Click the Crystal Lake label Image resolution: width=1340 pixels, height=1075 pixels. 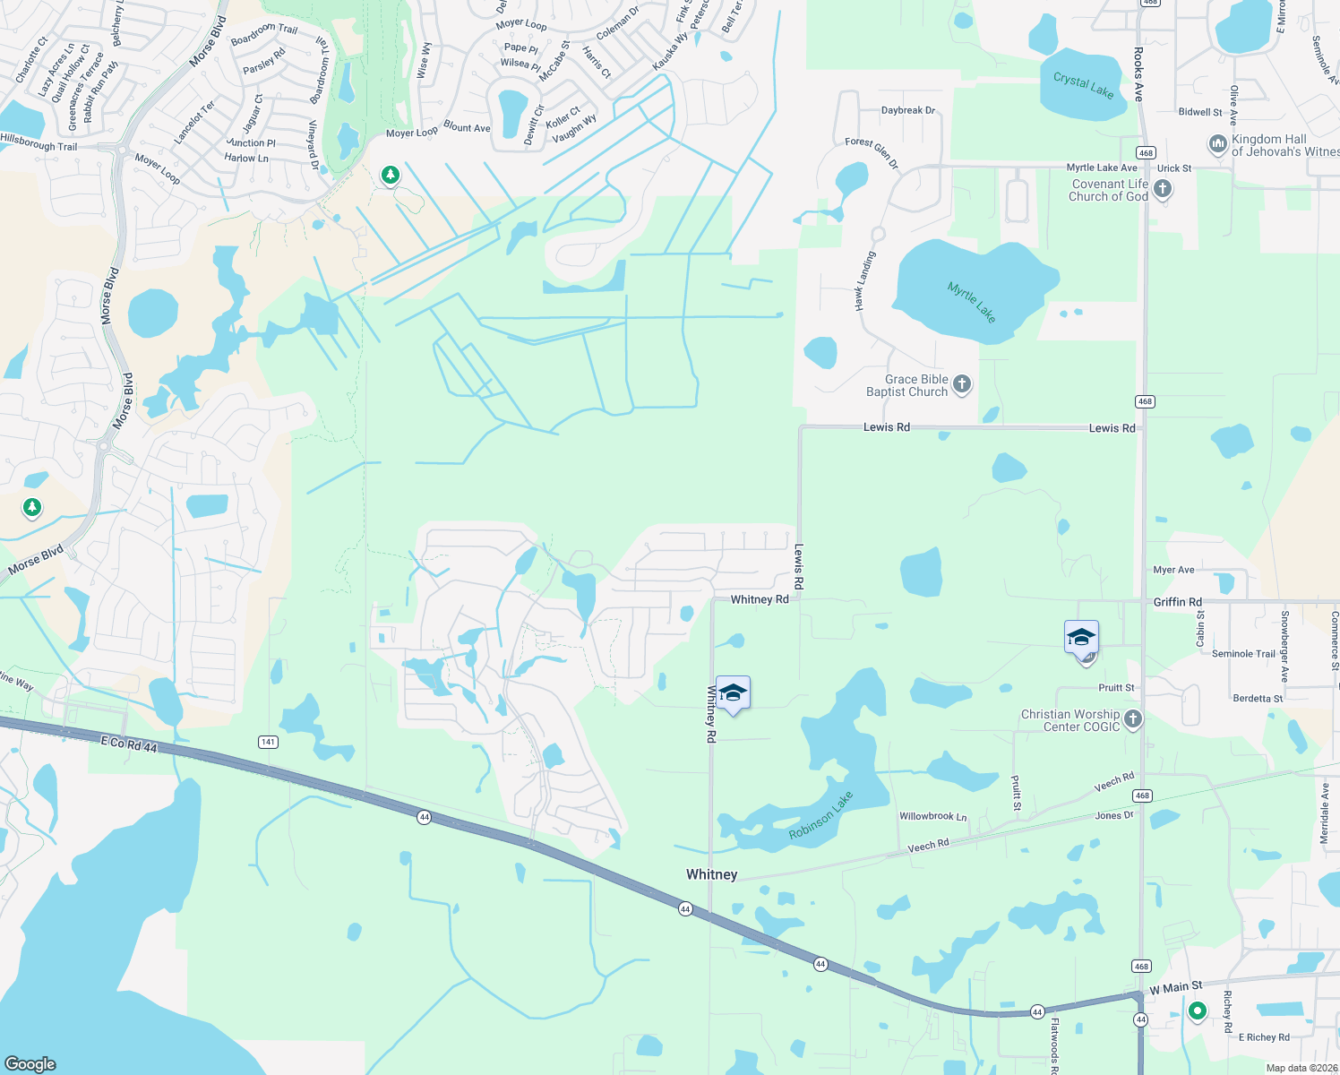pyautogui.click(x=1083, y=85)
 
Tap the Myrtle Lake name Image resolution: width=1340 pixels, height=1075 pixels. pyautogui.click(x=972, y=301)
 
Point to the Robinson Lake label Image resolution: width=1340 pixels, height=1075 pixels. pyautogui.click(x=820, y=815)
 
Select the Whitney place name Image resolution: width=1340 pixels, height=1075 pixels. pyautogui.click(x=711, y=874)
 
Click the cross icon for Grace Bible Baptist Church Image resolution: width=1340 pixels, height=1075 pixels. pyautogui.click(x=961, y=385)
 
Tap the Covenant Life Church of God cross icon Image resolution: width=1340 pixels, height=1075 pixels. pyautogui.click(x=1163, y=189)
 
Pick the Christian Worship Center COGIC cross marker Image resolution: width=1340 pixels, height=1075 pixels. pyautogui.click(x=1133, y=719)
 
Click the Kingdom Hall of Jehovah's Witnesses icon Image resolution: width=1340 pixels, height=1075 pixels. pyautogui.click(x=1217, y=144)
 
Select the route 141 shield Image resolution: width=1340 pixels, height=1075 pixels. pyautogui.click(x=268, y=742)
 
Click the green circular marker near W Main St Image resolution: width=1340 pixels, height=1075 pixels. pyautogui.click(x=1198, y=1011)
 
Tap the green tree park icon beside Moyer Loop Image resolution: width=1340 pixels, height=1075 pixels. pyautogui.click(x=390, y=174)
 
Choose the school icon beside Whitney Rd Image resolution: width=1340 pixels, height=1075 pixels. pyautogui.click(x=734, y=693)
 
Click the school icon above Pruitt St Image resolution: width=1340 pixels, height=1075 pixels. pyautogui.click(x=1081, y=638)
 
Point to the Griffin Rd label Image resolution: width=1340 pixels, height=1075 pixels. pyautogui.click(x=1177, y=602)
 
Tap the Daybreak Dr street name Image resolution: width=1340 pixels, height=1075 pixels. pyautogui.click(x=907, y=110)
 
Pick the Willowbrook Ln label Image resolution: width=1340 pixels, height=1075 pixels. pyautogui.click(x=932, y=816)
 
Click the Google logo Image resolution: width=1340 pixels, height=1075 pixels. pyautogui.click(x=30, y=1063)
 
